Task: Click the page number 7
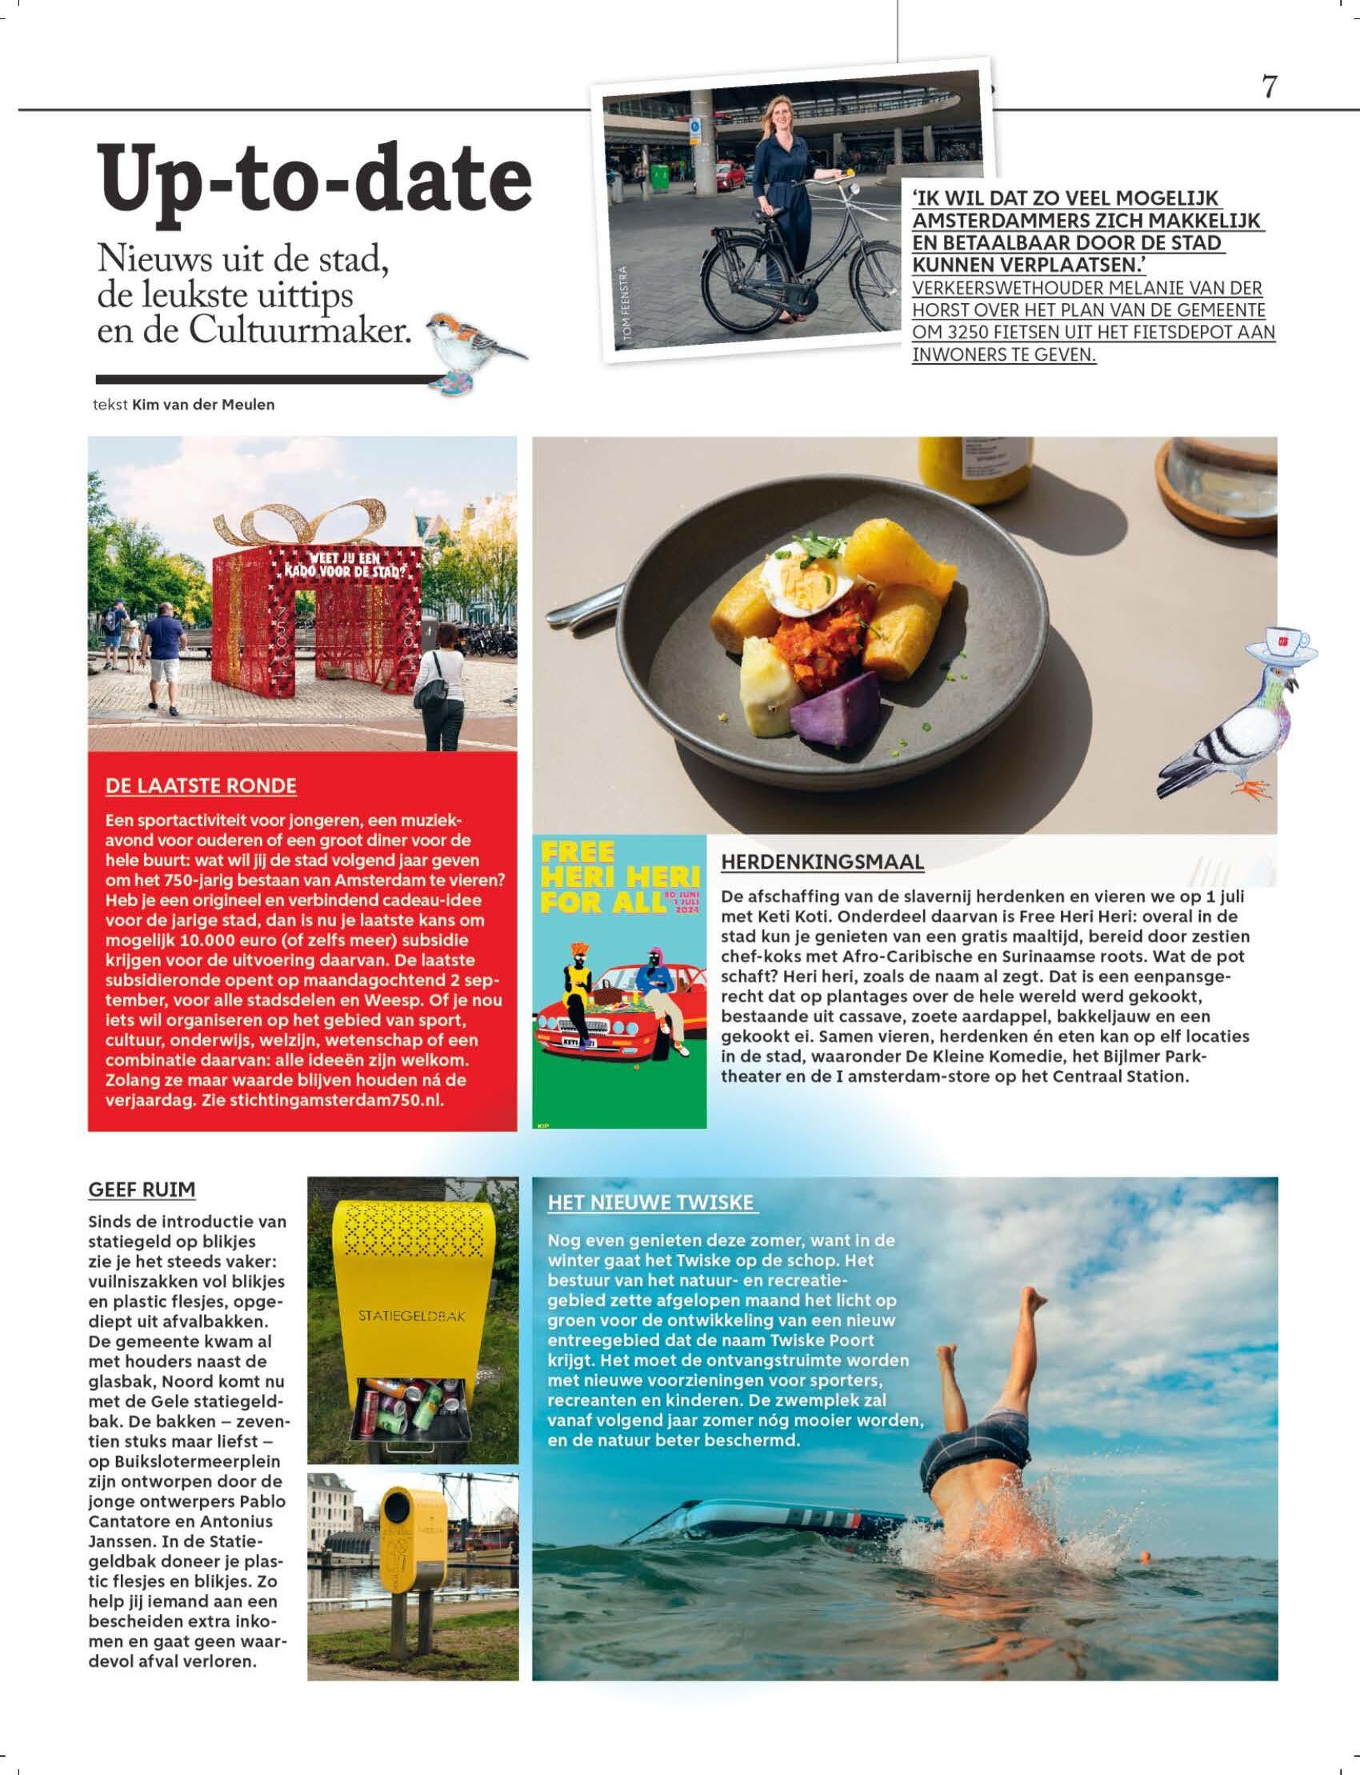[x=1270, y=86]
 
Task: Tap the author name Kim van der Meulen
[x=203, y=405]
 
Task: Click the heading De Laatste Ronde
[x=201, y=786]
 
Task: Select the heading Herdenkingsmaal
[x=822, y=862]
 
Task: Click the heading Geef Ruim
[x=142, y=1189]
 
